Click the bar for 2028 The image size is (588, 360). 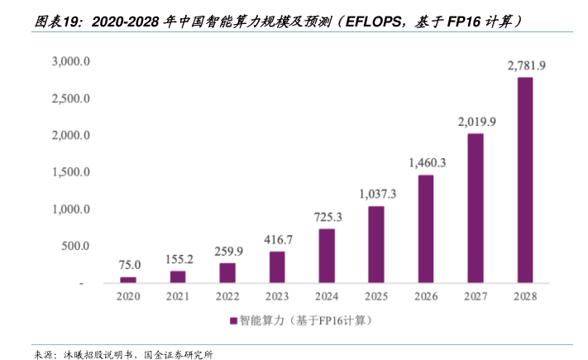524,180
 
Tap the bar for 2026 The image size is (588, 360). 426,228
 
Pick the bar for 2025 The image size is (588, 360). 376,244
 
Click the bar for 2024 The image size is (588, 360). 327,256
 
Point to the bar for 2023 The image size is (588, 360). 277,266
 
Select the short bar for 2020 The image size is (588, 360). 128,280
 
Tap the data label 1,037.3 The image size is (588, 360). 377,194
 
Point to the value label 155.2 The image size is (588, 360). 178,258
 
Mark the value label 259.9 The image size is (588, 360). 227,251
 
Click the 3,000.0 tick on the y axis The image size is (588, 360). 70,62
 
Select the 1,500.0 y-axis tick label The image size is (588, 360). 70,172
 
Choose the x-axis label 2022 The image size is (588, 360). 227,295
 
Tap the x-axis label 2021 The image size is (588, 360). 178,295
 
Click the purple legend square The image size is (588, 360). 233,319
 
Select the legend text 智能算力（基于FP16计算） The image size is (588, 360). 307,319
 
